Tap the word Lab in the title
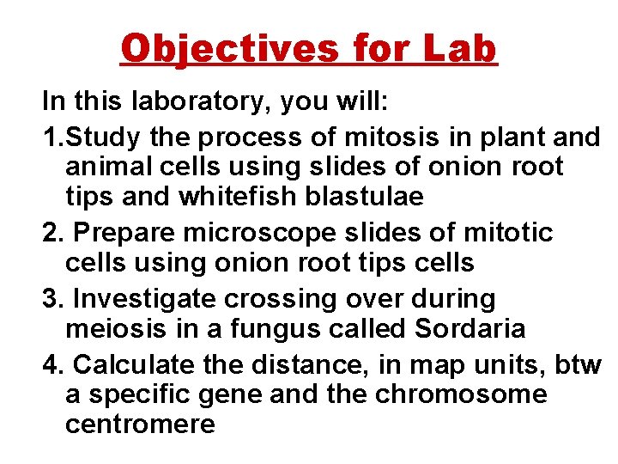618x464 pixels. tap(460, 48)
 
